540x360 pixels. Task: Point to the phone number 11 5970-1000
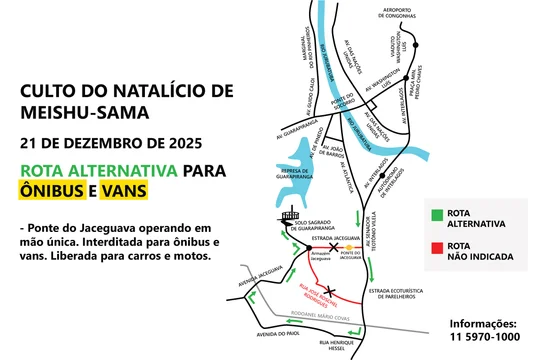click(x=483, y=338)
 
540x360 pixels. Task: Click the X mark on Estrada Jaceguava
click(x=333, y=244)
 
